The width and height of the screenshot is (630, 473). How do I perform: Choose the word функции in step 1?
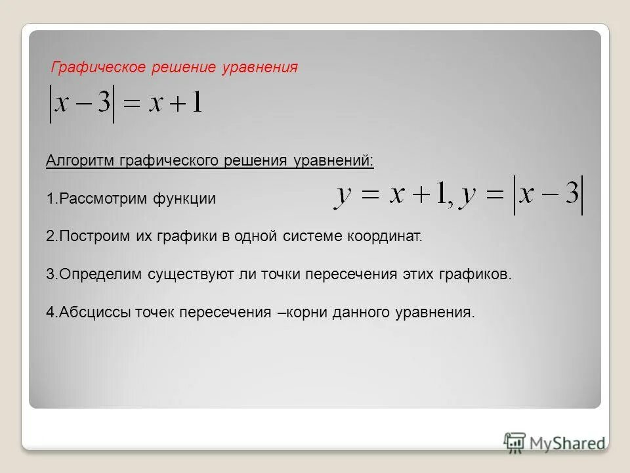pos(185,199)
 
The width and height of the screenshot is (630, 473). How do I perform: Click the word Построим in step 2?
pos(88,236)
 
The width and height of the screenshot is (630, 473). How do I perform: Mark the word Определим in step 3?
pos(91,275)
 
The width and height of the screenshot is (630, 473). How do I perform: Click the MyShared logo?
pos(555,442)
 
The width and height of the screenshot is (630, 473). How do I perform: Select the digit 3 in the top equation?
pos(103,105)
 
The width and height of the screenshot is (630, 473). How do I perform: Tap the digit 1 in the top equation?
pos(195,105)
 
